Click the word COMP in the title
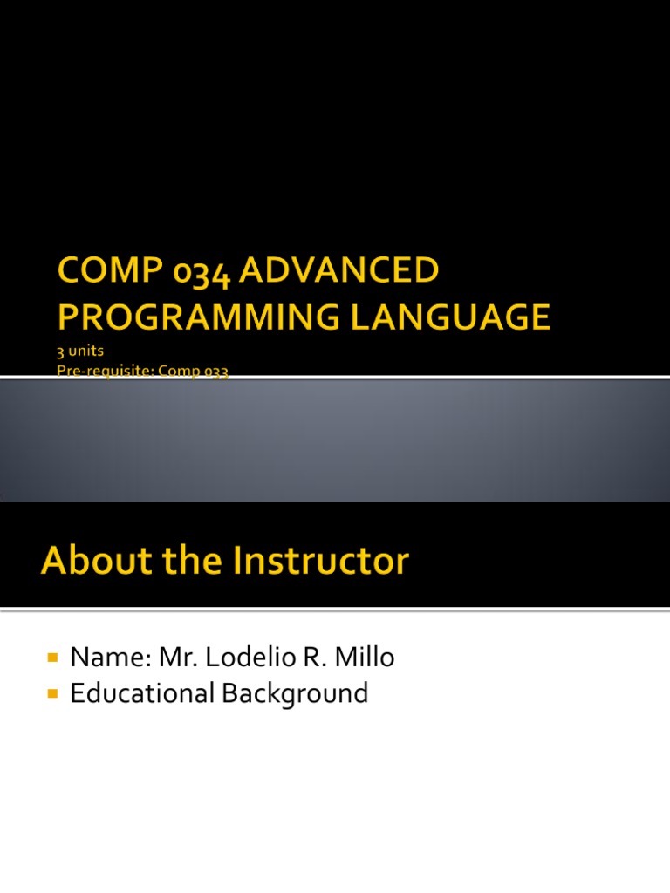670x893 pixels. (x=110, y=269)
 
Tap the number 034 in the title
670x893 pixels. (x=202, y=273)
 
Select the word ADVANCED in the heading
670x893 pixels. (x=339, y=269)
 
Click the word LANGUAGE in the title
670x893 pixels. (x=451, y=317)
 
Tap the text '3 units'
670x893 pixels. (x=80, y=351)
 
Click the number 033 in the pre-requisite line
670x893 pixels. (x=216, y=372)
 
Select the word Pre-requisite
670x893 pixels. (x=106, y=371)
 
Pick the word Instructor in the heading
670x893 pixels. (x=321, y=560)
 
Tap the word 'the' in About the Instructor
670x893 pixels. (x=193, y=560)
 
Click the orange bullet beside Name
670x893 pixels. (x=53, y=658)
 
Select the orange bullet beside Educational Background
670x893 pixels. (x=53, y=693)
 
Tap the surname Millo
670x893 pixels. (x=365, y=658)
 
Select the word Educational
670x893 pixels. (x=142, y=693)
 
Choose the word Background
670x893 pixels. (x=295, y=694)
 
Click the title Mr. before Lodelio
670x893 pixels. (x=178, y=658)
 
